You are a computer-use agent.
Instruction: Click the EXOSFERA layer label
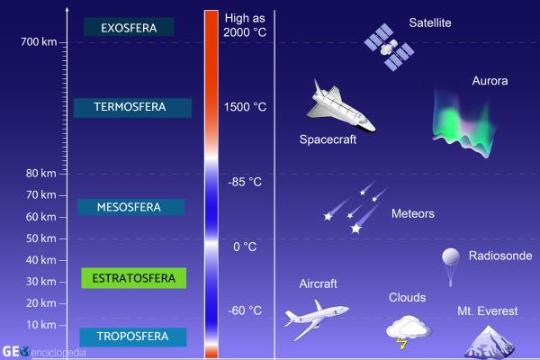coord(129,28)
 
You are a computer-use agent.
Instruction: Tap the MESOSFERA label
coord(130,207)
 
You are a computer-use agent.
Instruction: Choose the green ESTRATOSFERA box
coord(133,277)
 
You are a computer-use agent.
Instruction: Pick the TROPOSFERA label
coord(132,337)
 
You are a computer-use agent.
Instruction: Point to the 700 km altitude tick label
coord(39,42)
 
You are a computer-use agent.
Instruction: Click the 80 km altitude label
coord(41,173)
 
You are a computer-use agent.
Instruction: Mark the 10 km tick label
coord(41,325)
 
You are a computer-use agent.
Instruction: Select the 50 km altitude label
coord(41,238)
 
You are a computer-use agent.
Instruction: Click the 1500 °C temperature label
coord(245,107)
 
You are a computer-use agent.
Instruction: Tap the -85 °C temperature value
coord(245,182)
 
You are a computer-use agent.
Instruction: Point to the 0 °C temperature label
coord(245,247)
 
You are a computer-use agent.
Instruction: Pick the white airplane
coord(315,317)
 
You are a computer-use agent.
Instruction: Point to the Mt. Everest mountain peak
coord(490,339)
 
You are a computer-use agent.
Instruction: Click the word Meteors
coord(413,214)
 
